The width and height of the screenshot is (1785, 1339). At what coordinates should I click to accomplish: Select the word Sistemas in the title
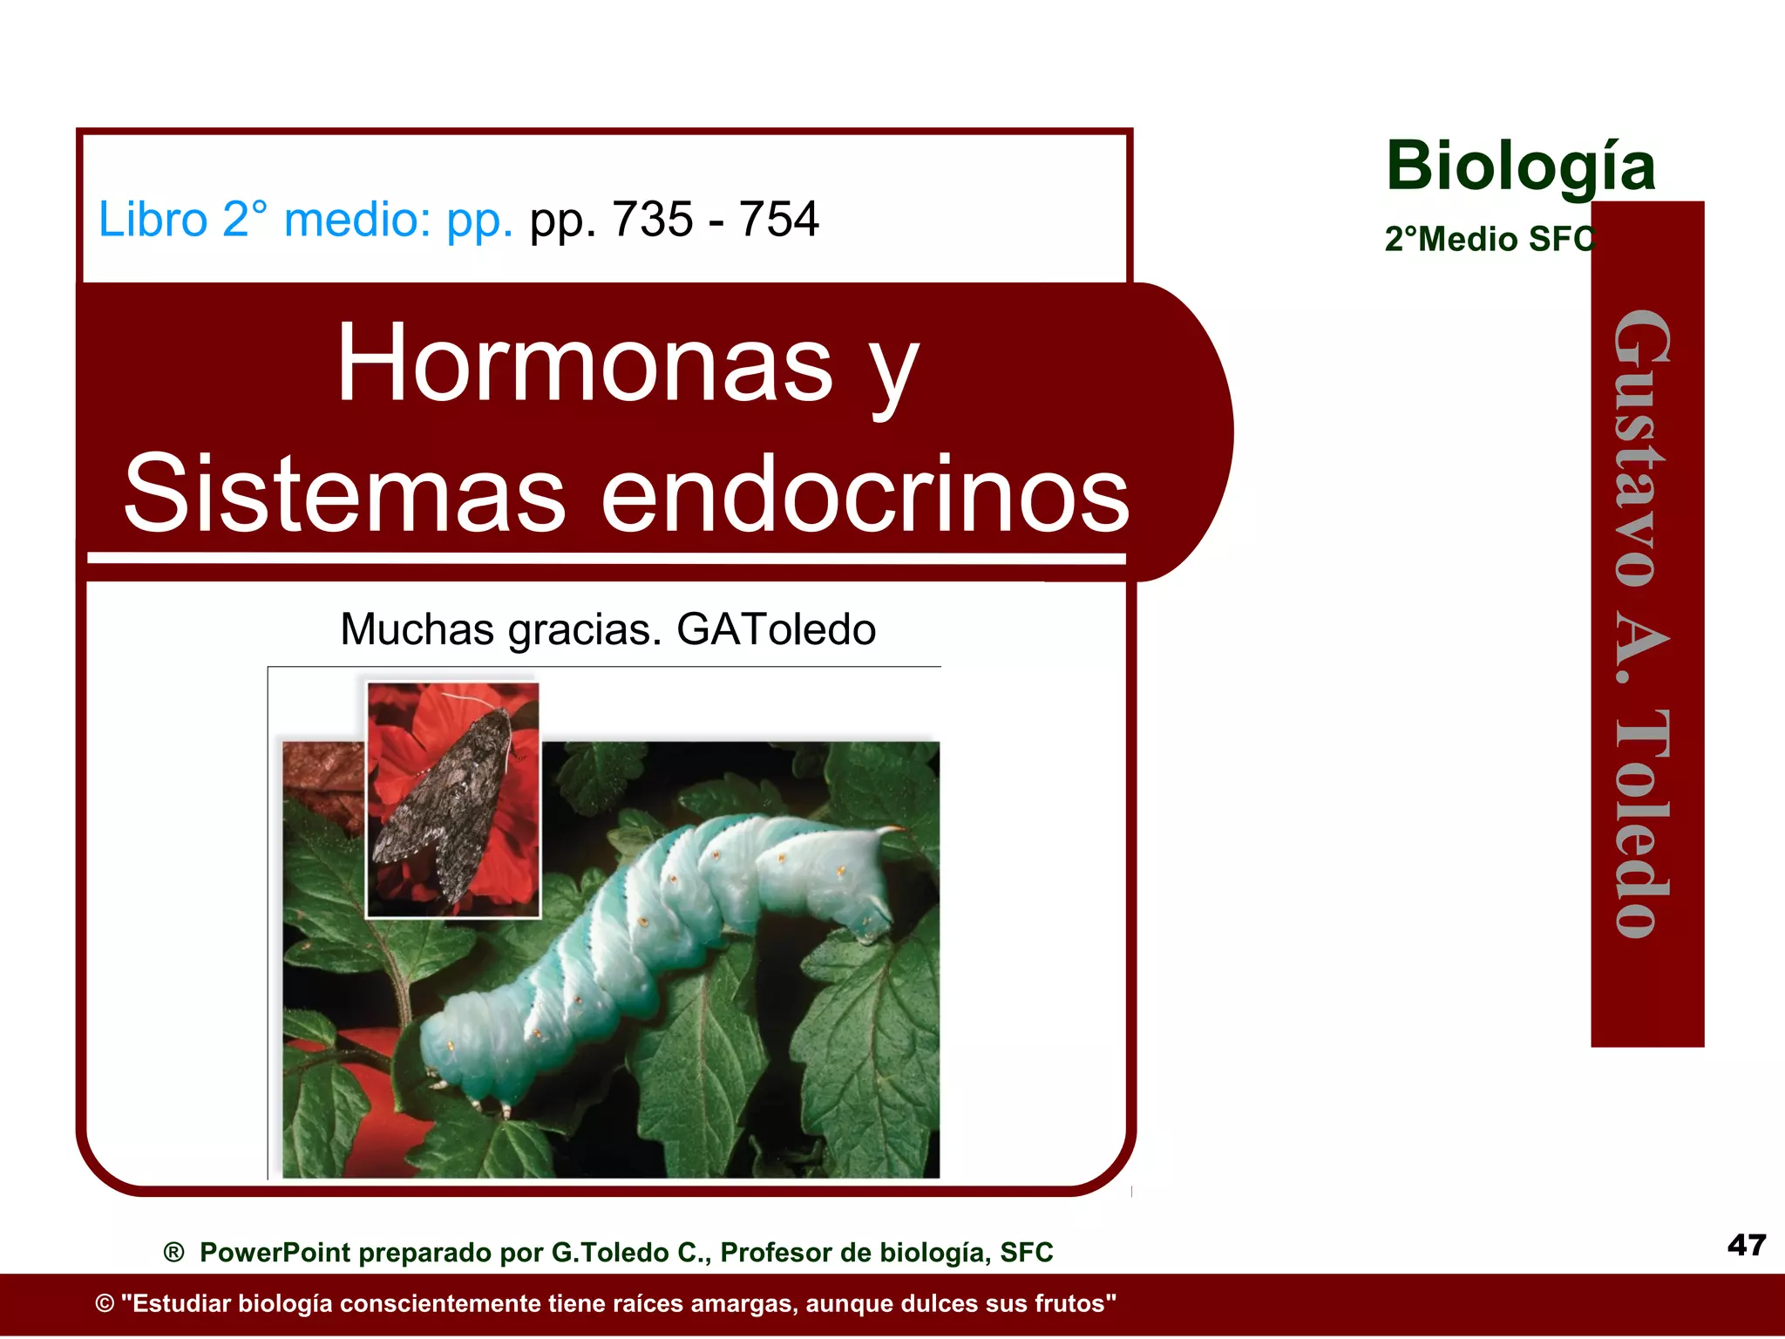(345, 495)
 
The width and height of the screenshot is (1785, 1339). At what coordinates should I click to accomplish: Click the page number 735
(652, 219)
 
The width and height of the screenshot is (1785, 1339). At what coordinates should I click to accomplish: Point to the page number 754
(778, 219)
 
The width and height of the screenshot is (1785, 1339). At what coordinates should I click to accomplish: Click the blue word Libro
(153, 219)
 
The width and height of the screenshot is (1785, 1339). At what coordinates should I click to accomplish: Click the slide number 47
(1746, 1245)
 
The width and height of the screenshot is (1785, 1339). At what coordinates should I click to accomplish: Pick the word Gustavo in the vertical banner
(1644, 449)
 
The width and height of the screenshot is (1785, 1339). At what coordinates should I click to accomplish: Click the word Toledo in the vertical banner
(1644, 824)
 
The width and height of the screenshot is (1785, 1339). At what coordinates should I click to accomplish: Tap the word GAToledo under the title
(776, 629)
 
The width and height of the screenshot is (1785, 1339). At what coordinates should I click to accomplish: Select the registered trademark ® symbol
(174, 1253)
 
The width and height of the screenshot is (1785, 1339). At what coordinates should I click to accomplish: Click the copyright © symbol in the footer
(105, 1304)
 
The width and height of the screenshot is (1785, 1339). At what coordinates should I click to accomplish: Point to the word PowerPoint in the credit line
(275, 1253)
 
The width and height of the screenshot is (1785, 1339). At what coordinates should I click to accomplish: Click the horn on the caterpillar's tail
(891, 829)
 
